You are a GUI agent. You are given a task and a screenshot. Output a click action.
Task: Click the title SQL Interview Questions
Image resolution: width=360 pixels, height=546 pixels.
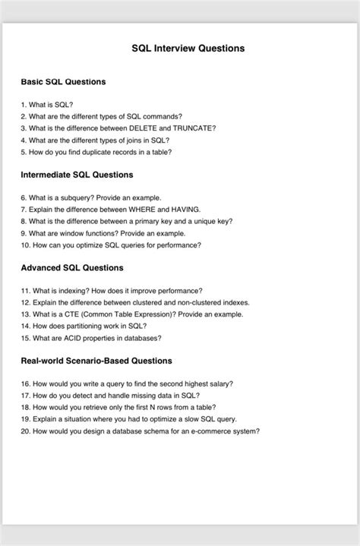[188, 48]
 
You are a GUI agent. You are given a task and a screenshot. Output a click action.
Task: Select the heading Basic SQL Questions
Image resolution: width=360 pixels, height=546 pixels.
[63, 81]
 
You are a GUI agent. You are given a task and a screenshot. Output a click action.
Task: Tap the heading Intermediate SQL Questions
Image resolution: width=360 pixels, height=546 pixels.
[77, 175]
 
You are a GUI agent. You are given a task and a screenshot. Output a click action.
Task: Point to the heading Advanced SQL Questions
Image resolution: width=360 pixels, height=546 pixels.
[72, 268]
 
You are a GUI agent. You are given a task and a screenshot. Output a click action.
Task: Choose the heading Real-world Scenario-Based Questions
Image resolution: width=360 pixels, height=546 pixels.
[96, 361]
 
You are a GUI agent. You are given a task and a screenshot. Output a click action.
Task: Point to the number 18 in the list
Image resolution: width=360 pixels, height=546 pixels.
[25, 408]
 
